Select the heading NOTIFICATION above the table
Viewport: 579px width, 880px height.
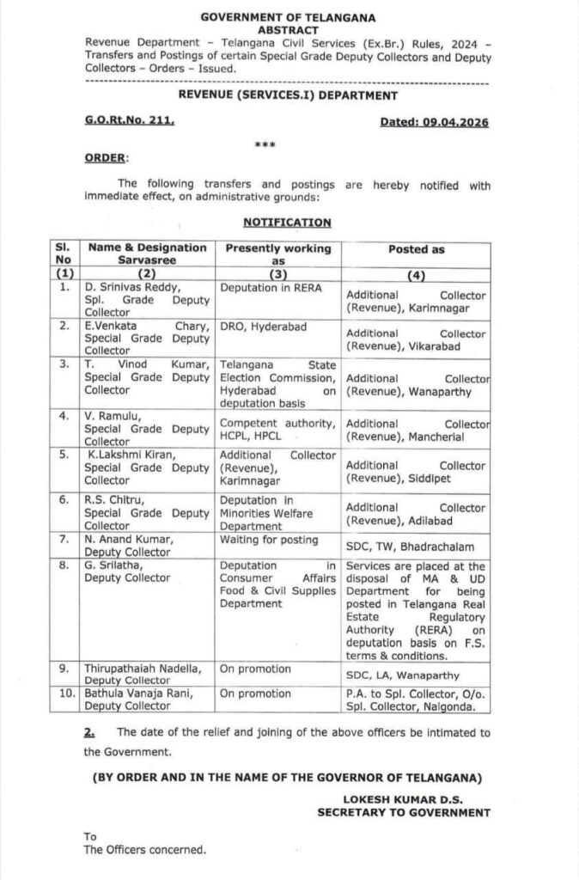[287, 222]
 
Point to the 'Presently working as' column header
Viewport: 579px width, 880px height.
[277, 254]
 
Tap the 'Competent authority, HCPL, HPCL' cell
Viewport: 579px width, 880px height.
[277, 429]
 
